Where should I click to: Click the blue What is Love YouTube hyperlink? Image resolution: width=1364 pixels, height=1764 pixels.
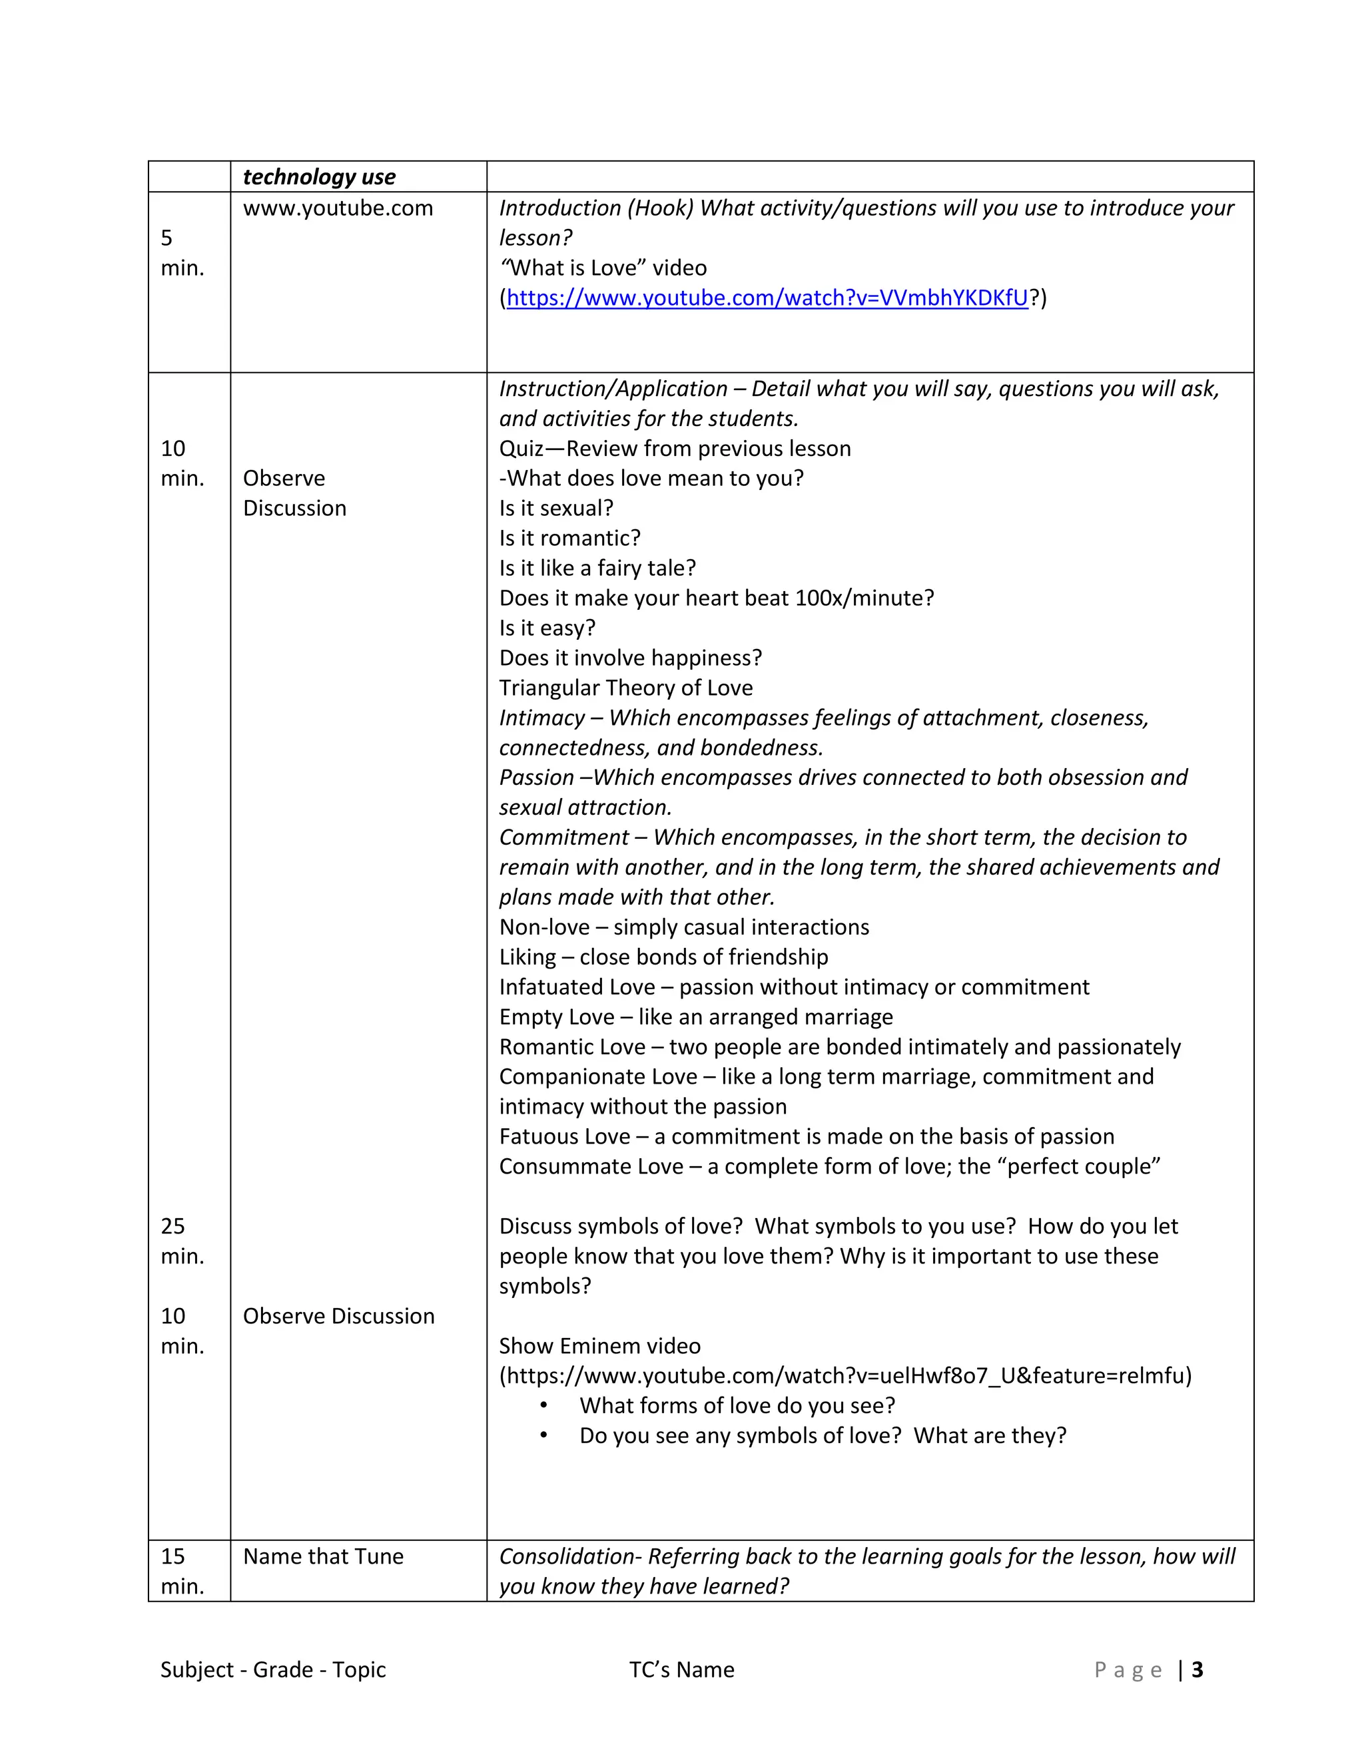pos(766,298)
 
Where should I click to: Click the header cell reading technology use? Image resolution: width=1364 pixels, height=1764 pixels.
pos(319,177)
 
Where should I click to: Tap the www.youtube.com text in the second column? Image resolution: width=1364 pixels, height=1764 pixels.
pos(338,208)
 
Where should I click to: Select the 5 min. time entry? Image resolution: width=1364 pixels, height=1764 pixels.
pos(182,253)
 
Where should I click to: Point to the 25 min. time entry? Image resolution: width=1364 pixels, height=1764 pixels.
pos(182,1241)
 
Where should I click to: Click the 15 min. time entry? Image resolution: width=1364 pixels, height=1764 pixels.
pos(182,1571)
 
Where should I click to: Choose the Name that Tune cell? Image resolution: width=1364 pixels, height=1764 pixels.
pos(323,1556)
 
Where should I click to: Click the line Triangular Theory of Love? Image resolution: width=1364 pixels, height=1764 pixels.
pos(625,688)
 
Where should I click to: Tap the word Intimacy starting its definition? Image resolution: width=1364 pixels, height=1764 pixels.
pos(541,718)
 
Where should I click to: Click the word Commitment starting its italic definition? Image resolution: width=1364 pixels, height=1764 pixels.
pos(563,837)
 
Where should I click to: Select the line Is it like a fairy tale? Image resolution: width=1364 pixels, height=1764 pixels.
pos(597,568)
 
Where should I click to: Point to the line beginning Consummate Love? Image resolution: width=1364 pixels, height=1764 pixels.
pos(829,1166)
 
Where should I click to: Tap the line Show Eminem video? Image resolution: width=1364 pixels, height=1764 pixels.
pos(599,1345)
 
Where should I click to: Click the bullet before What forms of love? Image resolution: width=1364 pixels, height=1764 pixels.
pos(544,1406)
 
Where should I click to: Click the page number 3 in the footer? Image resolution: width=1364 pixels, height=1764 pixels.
pos(1197,1669)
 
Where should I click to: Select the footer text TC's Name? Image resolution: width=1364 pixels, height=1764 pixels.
pos(681,1669)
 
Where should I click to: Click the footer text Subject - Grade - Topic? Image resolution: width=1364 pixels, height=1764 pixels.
pos(272,1669)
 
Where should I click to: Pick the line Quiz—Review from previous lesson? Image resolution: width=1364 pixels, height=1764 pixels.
pos(675,449)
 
